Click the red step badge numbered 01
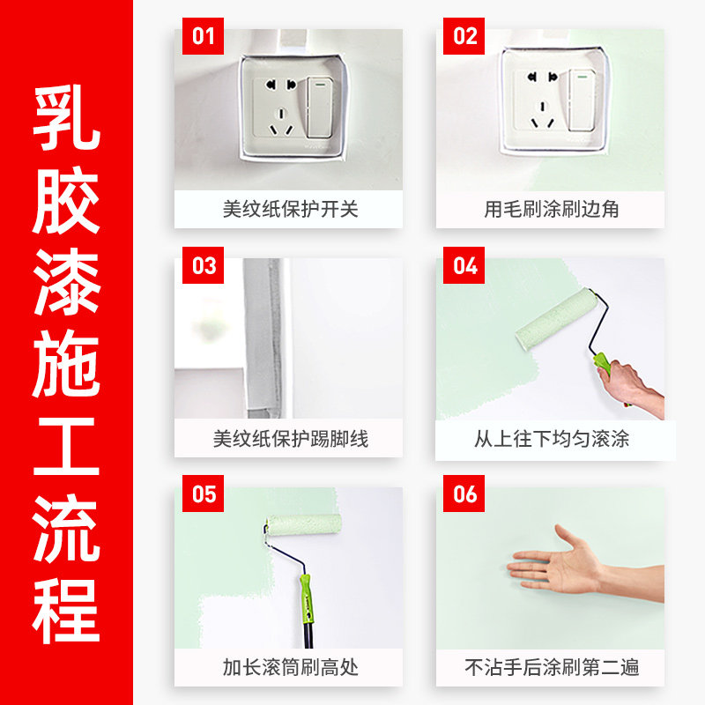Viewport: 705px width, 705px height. click(204, 36)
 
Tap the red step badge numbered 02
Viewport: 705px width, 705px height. click(465, 36)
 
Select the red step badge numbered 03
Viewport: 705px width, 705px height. click(204, 265)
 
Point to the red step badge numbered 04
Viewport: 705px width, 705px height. click(465, 265)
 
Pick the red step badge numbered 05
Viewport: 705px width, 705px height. click(204, 493)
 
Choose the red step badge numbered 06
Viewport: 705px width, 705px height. click(465, 493)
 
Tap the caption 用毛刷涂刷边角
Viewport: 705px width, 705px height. click(552, 210)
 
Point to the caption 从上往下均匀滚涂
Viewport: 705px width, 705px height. click(552, 438)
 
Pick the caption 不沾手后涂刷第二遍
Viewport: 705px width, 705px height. click(552, 667)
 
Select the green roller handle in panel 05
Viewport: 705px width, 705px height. click(305, 600)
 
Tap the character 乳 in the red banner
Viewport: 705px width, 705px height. click(67, 119)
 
